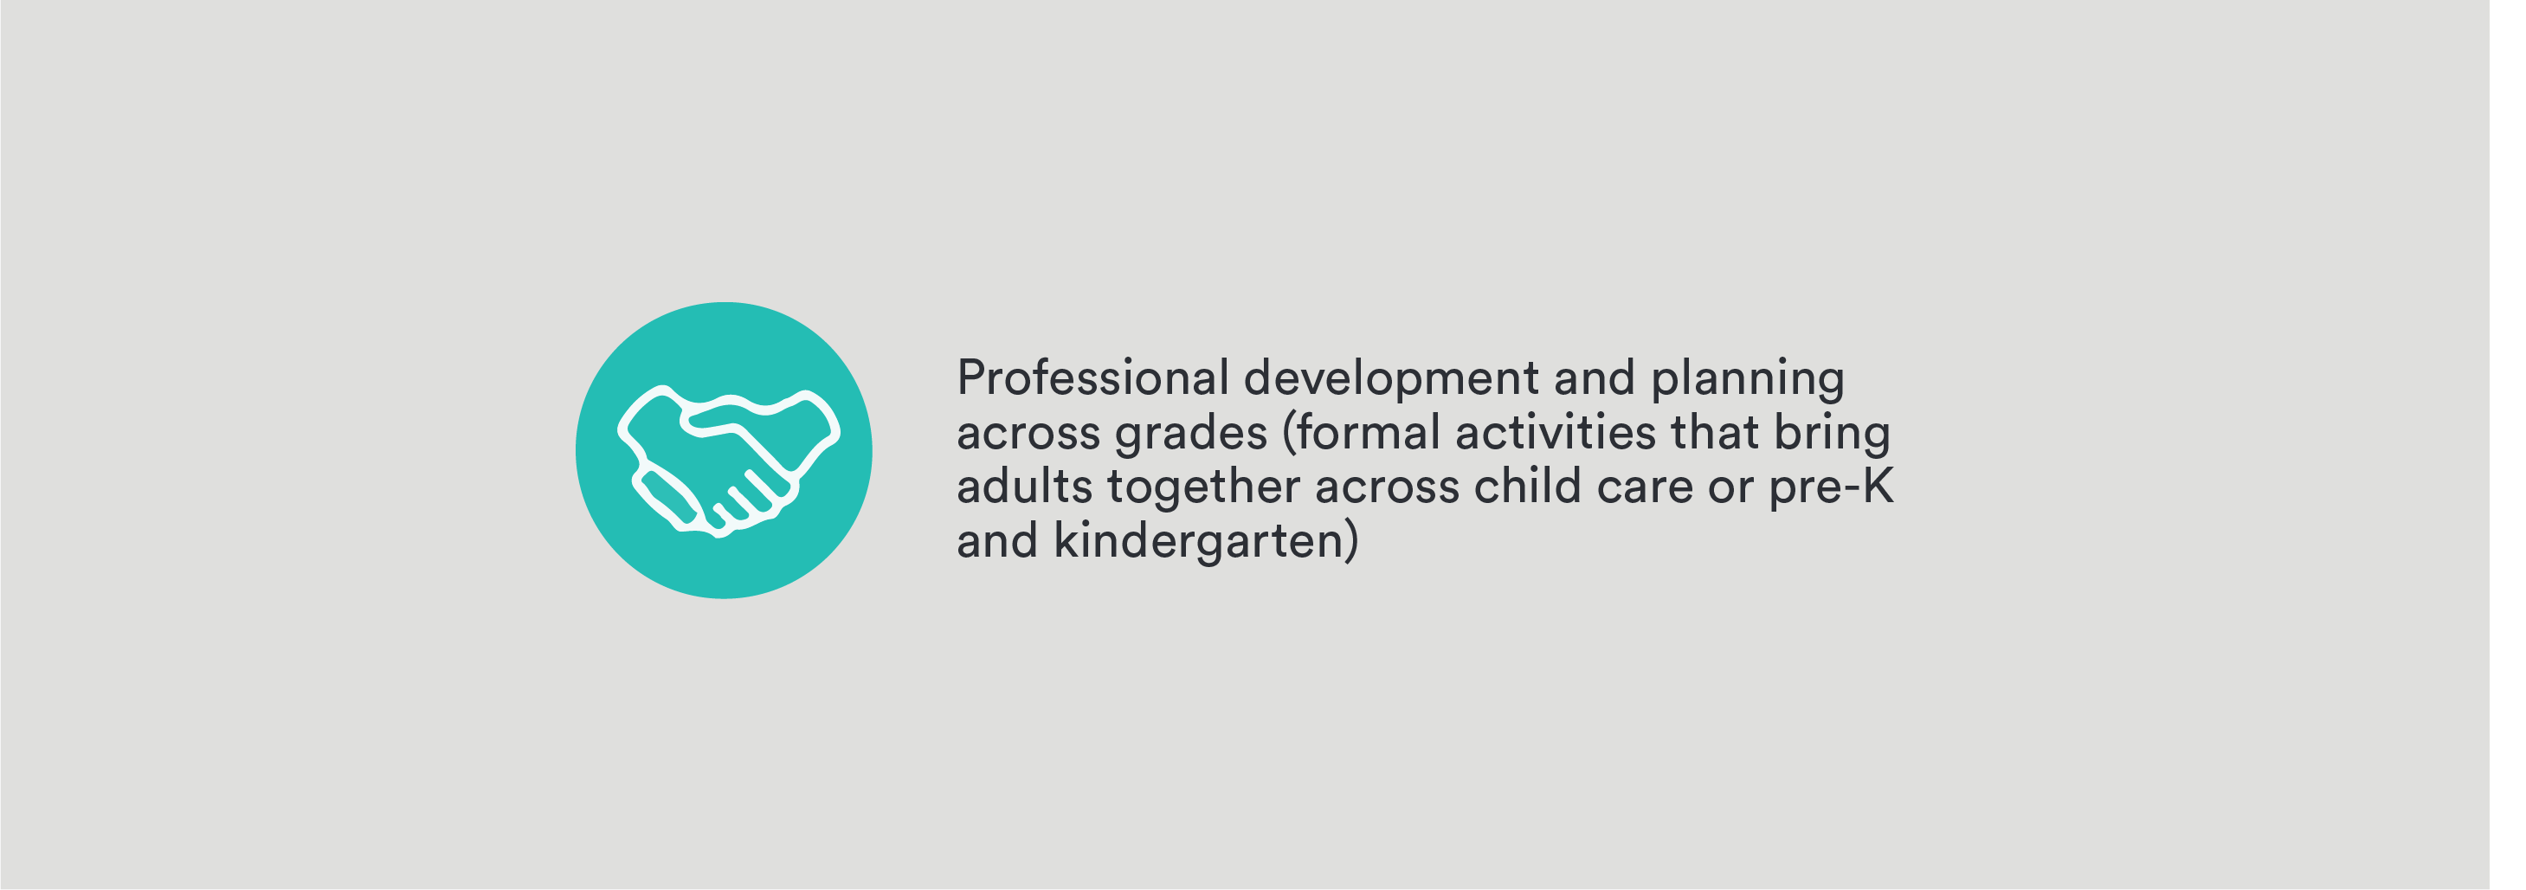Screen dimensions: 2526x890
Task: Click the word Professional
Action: [x=1092, y=377]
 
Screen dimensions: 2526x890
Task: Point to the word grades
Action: [x=1191, y=433]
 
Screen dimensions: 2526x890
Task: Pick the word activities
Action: [x=1556, y=432]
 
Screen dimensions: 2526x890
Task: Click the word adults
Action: [x=1025, y=487]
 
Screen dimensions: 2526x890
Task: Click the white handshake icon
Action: [x=729, y=461]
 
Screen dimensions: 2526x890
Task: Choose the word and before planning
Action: [x=1595, y=377]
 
